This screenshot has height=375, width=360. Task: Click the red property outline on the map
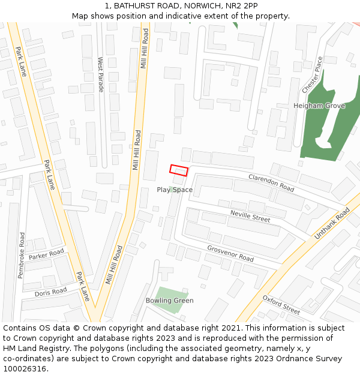[x=179, y=170]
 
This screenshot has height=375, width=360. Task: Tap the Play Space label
[x=175, y=190]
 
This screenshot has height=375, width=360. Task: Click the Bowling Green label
[x=170, y=301]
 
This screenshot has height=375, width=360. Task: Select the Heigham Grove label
[x=319, y=106]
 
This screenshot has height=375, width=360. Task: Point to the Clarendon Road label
[x=271, y=183]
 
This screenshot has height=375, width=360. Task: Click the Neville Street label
[x=250, y=216]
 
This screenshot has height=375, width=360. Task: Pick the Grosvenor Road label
[x=230, y=253]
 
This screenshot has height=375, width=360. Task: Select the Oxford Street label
[x=281, y=304]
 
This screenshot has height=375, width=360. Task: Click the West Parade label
[x=101, y=74]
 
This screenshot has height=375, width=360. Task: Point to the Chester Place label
[x=312, y=74]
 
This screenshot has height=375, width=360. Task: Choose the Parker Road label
[x=46, y=255]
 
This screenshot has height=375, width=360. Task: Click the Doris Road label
[x=50, y=292]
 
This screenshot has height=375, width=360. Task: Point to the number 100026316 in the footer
[x=24, y=368]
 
